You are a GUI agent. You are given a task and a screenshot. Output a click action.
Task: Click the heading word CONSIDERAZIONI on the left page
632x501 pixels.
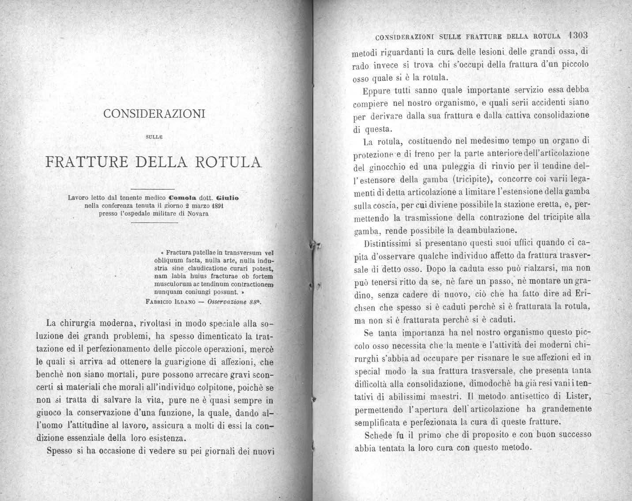point(154,114)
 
